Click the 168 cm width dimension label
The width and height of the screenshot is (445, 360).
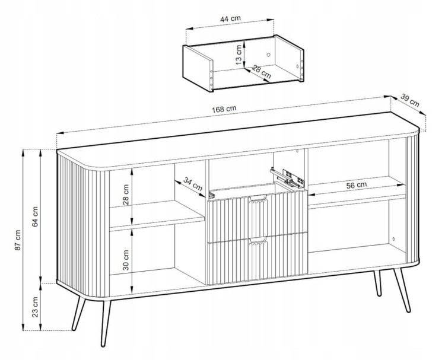(224, 109)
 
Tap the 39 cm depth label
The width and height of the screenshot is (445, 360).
(410, 100)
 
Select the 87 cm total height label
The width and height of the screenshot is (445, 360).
(18, 240)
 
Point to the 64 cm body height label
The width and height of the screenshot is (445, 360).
(35, 216)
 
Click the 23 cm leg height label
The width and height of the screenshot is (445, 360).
(35, 307)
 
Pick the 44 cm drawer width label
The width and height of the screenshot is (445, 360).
(230, 19)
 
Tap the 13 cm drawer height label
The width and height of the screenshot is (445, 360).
(239, 55)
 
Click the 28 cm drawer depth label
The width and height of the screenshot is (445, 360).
(261, 72)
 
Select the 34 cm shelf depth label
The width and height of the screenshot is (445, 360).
(193, 184)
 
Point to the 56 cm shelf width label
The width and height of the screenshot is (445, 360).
(357, 185)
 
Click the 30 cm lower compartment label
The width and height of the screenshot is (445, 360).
(126, 260)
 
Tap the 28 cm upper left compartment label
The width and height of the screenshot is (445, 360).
(126, 195)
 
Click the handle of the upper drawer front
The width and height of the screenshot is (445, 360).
(258, 198)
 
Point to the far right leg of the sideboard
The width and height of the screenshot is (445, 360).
(402, 289)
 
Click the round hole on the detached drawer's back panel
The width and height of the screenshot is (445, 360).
(269, 55)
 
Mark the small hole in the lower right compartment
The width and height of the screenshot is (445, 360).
(393, 239)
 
